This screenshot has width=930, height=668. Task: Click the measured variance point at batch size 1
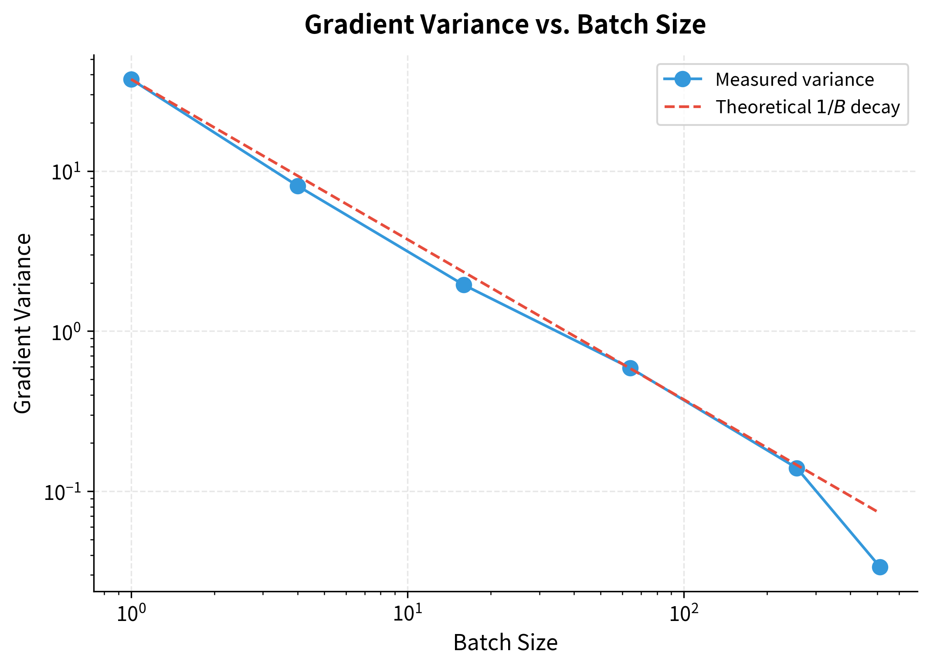[131, 79]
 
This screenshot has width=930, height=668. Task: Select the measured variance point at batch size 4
[298, 186]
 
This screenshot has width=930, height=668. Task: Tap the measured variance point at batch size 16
[464, 285]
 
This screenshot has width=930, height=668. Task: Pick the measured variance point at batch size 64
[630, 368]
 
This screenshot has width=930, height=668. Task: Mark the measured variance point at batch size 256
[797, 469]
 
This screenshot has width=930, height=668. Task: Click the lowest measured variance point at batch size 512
[880, 567]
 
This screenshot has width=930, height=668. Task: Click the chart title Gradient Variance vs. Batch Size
[505, 24]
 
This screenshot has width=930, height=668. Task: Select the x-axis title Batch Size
[505, 643]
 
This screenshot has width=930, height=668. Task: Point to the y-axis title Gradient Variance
[23, 323]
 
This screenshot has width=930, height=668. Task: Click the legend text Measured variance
[794, 80]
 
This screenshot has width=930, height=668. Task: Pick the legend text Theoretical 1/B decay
[808, 107]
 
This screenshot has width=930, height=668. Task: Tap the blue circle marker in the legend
[682, 79]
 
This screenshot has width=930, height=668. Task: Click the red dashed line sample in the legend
[682, 107]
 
